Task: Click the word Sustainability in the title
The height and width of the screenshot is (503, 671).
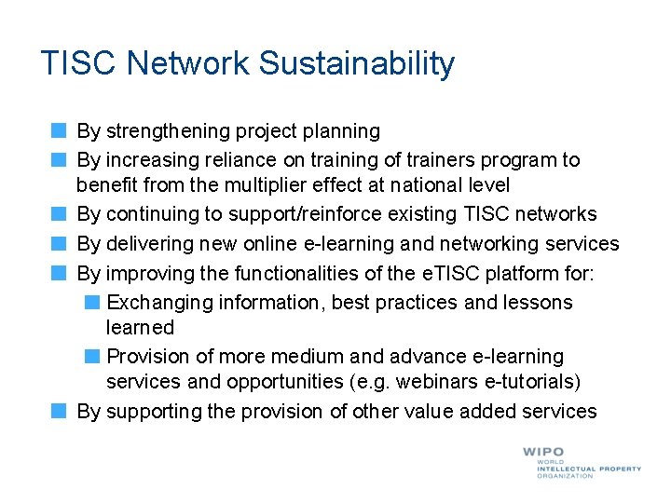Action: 357,63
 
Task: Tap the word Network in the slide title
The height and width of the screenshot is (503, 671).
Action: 189,63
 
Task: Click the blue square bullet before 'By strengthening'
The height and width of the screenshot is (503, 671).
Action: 59,131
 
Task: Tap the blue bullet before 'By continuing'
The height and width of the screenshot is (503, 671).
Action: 59,214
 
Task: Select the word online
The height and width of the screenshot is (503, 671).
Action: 271,244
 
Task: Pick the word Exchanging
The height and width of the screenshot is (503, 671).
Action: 159,303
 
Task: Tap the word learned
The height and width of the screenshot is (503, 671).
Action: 140,328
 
